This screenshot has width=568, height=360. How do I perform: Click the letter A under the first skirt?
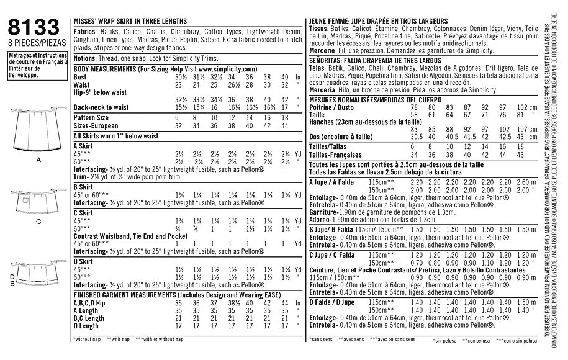(38, 160)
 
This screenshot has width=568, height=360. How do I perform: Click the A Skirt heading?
(84, 143)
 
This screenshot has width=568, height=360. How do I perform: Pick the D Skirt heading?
(84, 261)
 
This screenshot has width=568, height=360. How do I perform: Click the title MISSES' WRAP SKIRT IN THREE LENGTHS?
(130, 20)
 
